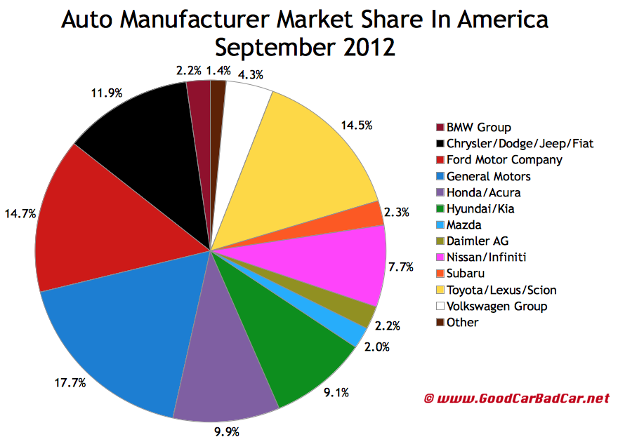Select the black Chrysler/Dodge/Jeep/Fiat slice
coord(140,140)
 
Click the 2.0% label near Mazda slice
coord(377,346)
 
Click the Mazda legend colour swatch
coord(440,225)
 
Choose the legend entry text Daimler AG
coord(478,241)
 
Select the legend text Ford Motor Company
coord(504,159)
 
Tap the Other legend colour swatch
coord(440,322)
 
